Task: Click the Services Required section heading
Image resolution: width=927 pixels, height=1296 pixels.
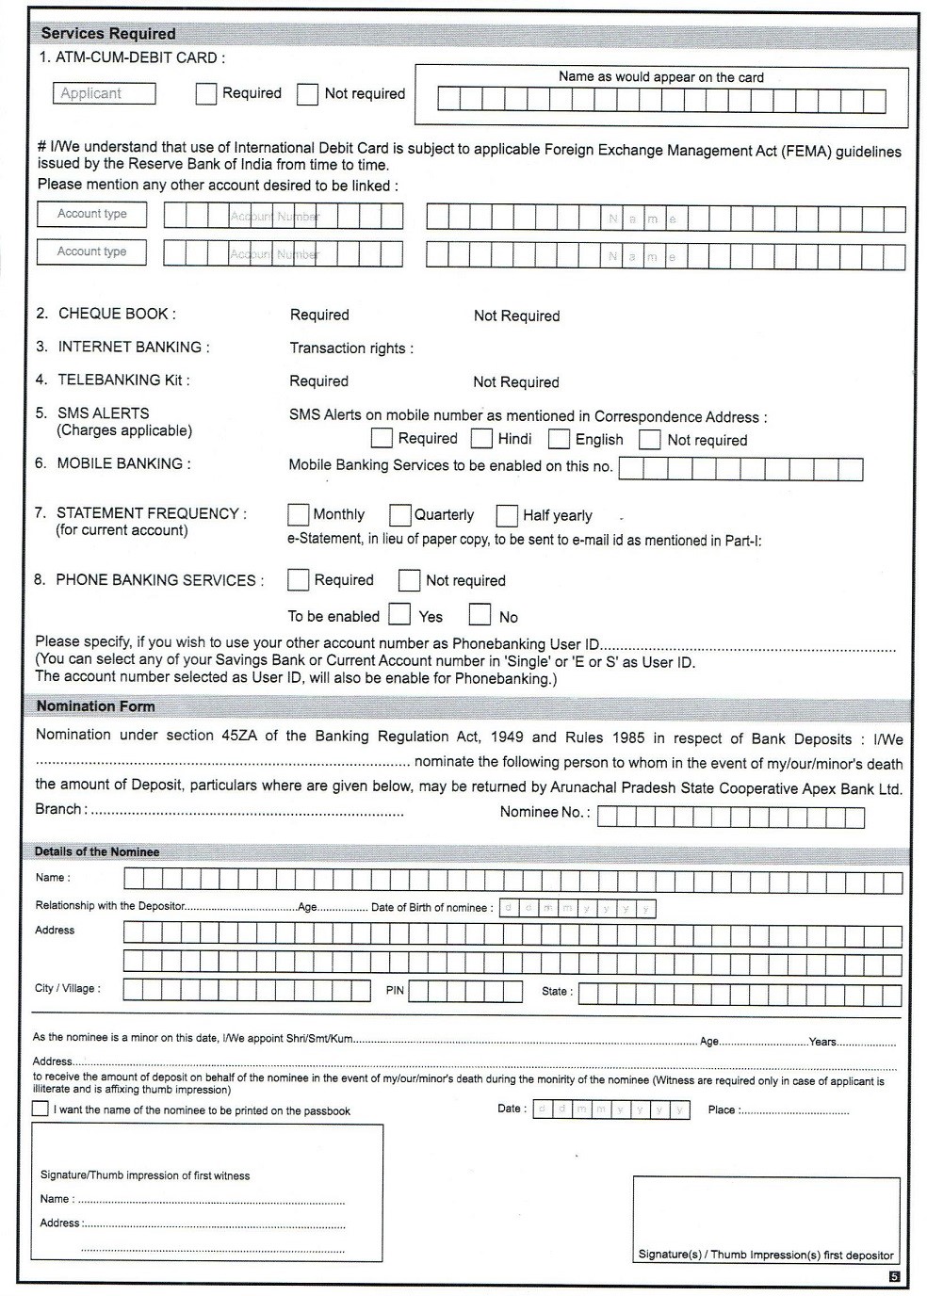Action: (107, 33)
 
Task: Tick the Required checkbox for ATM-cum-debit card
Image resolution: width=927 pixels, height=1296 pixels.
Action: (206, 94)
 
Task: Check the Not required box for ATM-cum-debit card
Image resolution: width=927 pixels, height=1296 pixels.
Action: (308, 94)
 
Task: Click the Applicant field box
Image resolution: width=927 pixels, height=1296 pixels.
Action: (104, 93)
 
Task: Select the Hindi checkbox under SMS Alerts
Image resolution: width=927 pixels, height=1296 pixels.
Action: (481, 439)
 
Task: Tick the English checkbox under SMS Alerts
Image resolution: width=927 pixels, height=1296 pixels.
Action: (559, 439)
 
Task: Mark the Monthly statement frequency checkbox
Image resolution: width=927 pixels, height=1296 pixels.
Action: (298, 514)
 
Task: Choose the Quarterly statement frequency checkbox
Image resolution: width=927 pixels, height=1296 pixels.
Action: (399, 514)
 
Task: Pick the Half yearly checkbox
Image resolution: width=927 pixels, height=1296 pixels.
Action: (507, 515)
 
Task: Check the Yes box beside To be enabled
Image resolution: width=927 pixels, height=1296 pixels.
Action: (399, 616)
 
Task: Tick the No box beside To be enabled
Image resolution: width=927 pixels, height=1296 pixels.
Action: (480, 616)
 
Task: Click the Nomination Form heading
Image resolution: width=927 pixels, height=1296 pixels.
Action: (95, 706)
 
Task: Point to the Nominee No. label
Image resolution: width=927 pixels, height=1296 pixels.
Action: (545, 812)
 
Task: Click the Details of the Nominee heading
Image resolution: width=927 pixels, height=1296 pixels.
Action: (97, 851)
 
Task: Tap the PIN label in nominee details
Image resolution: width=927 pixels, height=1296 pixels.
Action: (395, 990)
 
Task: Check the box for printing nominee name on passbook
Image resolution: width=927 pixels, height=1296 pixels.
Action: (40, 1109)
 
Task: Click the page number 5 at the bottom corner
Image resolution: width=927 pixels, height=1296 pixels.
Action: (894, 1276)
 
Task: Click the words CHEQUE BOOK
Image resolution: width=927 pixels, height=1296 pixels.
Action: (116, 314)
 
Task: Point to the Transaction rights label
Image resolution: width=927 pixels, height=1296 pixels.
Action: (350, 348)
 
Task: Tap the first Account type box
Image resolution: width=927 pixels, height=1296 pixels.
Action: (91, 215)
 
